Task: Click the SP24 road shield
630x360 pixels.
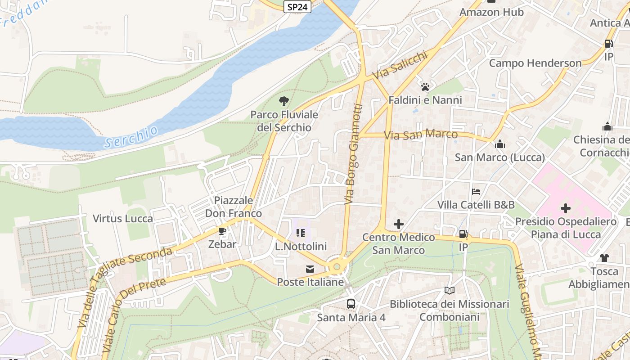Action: pyautogui.click(x=298, y=7)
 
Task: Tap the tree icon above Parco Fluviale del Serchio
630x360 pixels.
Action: pyautogui.click(x=283, y=101)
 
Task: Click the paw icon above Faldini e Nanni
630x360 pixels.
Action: pyautogui.click(x=425, y=86)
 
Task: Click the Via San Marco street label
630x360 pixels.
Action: pyautogui.click(x=421, y=135)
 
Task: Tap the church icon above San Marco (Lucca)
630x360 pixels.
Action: pyautogui.click(x=499, y=144)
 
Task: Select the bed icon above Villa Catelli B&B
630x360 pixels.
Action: pyautogui.click(x=476, y=192)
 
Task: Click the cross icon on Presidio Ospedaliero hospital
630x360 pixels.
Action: pyautogui.click(x=566, y=208)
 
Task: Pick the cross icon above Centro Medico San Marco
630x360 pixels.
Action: pyautogui.click(x=398, y=224)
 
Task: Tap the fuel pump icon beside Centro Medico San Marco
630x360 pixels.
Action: pyautogui.click(x=463, y=234)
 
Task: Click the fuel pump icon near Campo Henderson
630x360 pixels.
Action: pyautogui.click(x=608, y=44)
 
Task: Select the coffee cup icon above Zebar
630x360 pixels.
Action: pyautogui.click(x=222, y=231)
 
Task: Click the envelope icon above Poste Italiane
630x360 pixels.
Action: pyautogui.click(x=310, y=269)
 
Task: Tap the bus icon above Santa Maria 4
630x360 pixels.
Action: pyautogui.click(x=351, y=304)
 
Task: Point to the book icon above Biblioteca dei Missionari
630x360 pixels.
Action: pyautogui.click(x=449, y=291)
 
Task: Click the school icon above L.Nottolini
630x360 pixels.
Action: pyautogui.click(x=301, y=233)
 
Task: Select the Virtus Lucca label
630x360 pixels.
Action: pyautogui.click(x=123, y=219)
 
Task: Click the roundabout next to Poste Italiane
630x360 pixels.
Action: pyautogui.click(x=337, y=267)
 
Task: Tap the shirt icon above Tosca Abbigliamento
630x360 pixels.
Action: pyautogui.click(x=604, y=258)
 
